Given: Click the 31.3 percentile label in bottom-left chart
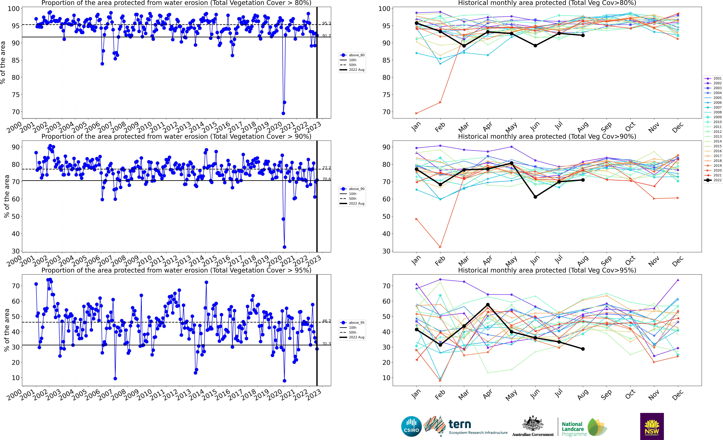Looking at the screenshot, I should coord(326,344).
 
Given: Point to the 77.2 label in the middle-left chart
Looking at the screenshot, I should coord(326,168).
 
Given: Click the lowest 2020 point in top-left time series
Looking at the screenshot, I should coord(283,113).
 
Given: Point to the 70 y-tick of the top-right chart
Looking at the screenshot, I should coord(386,112).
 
